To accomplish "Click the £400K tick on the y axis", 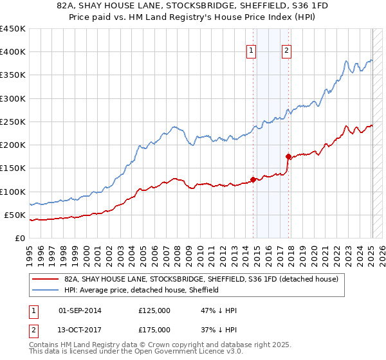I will pyautogui.click(x=13, y=52).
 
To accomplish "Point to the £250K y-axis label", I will pyautogui.click(x=13, y=122).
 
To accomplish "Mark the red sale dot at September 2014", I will pyautogui.click(x=253, y=179).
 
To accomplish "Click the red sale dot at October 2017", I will pyautogui.click(x=288, y=156).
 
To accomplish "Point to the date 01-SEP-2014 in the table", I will pyautogui.click(x=80, y=310).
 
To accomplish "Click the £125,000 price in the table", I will pyautogui.click(x=154, y=310).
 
